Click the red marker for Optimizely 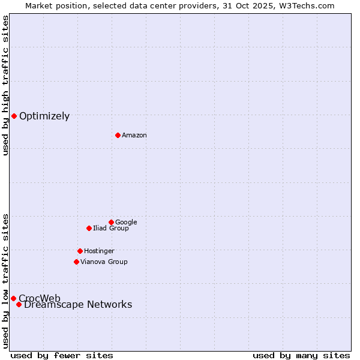[x=14, y=116]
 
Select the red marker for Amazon [x=118, y=135]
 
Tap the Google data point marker [x=111, y=222]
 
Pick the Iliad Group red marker [x=89, y=228]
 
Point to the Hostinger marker [x=80, y=251]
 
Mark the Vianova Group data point [x=76, y=262]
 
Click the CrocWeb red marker [x=13, y=298]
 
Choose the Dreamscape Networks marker [x=19, y=304]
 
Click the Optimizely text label [x=44, y=116]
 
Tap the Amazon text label [x=134, y=135]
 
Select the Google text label [x=126, y=222]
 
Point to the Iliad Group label [x=111, y=228]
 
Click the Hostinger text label [x=99, y=251]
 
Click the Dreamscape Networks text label [x=78, y=305]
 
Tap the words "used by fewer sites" [x=62, y=355]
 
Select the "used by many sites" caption [x=301, y=355]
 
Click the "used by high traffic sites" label [x=5, y=85]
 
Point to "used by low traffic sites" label [x=5, y=280]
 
